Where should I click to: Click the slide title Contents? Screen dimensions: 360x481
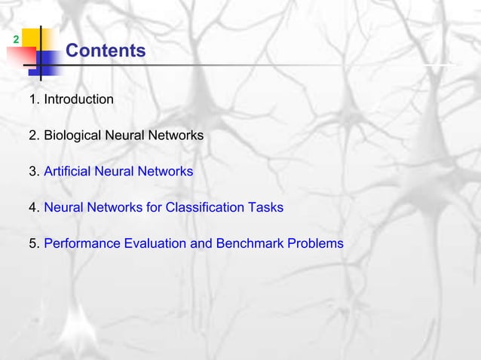[x=106, y=51]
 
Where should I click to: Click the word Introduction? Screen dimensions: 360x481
[x=78, y=99]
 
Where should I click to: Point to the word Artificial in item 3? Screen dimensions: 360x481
[x=67, y=172]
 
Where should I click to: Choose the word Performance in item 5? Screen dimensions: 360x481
[x=82, y=244]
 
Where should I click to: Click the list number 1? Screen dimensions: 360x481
[x=33, y=99]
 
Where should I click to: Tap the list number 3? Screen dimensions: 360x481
[x=33, y=172]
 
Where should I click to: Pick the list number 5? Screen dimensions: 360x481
[x=33, y=244]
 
